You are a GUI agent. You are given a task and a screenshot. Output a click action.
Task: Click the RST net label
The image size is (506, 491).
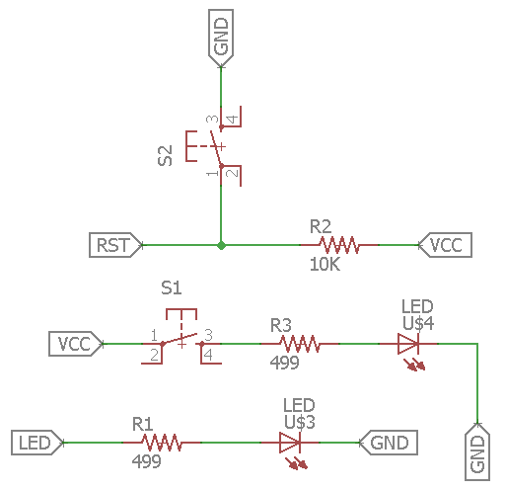[115, 245]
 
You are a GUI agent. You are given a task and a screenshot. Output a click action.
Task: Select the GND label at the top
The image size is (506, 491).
[221, 39]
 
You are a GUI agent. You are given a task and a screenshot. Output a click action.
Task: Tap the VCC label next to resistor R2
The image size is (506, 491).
[445, 245]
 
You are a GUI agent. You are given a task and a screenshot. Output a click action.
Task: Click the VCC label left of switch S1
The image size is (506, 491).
[76, 344]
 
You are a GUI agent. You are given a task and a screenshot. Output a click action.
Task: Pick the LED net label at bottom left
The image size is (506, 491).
[37, 443]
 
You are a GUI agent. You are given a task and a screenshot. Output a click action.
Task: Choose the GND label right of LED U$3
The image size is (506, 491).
[389, 443]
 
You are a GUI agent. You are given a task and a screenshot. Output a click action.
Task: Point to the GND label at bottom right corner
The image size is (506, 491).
[477, 451]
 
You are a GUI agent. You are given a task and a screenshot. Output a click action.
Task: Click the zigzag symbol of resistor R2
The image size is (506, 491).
[339, 245]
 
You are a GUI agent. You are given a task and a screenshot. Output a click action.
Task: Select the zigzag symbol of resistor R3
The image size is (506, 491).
[300, 344]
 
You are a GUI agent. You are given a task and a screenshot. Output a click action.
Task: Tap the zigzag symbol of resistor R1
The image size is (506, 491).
[162, 443]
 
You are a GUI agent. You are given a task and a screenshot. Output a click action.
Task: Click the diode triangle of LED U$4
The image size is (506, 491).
[408, 344]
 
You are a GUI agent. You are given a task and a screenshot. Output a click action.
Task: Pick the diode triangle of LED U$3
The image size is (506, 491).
[290, 443]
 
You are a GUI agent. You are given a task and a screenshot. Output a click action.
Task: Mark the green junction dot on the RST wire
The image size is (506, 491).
[221, 245]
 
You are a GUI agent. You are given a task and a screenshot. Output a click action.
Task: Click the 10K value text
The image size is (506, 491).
[325, 264]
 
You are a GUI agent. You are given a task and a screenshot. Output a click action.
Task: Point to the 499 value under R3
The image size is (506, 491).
[284, 363]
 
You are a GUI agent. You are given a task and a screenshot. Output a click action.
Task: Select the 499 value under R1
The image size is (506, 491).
[146, 461]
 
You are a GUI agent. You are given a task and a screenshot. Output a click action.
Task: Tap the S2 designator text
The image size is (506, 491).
[165, 155]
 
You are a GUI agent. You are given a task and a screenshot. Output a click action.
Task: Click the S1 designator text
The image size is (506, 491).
[172, 288]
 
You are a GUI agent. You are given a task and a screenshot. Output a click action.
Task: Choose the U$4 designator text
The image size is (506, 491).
[418, 324]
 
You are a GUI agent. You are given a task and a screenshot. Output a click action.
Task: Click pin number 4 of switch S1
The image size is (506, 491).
[208, 355]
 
